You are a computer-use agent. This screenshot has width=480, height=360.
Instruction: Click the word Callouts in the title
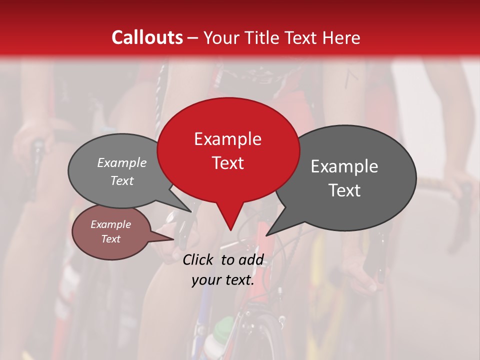click(x=147, y=37)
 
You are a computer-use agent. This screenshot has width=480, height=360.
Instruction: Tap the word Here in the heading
click(x=340, y=37)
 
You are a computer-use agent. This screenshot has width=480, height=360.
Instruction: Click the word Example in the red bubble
click(x=227, y=139)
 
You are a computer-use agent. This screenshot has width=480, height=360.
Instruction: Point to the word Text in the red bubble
click(x=228, y=163)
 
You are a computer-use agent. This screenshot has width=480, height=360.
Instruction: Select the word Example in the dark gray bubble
click(x=344, y=166)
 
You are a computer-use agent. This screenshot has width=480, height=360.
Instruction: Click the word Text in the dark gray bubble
click(x=344, y=190)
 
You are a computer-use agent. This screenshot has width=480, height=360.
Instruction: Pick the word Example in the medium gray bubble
click(x=121, y=162)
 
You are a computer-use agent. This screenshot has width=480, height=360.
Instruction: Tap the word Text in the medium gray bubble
click(x=121, y=180)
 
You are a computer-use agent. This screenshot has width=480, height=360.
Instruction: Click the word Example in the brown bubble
click(x=110, y=224)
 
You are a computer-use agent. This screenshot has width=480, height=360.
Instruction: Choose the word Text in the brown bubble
click(x=110, y=239)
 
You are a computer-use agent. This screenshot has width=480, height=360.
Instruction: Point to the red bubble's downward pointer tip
click(x=230, y=230)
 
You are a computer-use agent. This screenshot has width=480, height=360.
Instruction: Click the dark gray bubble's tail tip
click(x=266, y=235)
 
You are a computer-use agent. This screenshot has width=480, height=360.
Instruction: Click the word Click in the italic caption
click(x=199, y=259)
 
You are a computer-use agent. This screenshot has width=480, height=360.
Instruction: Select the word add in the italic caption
click(x=251, y=259)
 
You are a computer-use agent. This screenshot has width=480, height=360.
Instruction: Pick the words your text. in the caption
click(x=222, y=280)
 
